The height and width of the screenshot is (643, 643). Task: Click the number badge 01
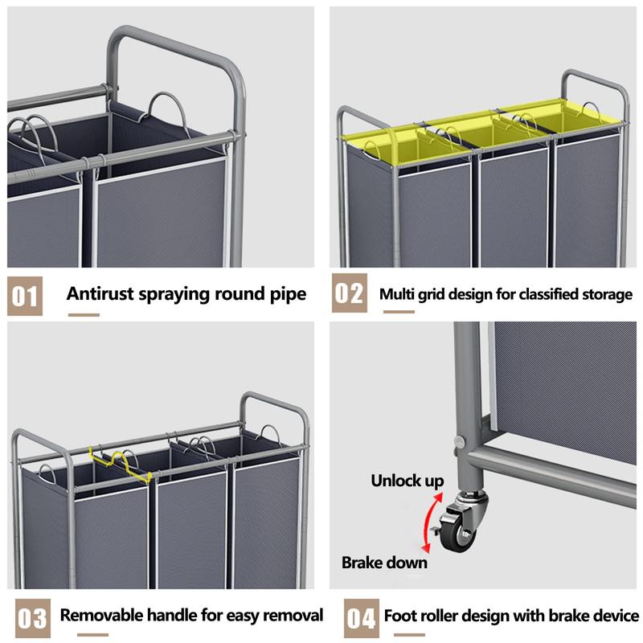[25, 295]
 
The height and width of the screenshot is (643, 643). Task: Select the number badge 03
[31, 618]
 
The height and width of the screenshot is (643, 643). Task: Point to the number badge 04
[360, 618]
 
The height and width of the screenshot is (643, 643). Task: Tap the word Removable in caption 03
[102, 616]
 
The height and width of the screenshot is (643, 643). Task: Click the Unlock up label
[407, 481]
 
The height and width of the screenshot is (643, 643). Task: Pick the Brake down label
[384, 563]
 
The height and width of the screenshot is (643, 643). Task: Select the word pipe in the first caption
[286, 294]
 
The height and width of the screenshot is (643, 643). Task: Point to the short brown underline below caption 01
[84, 314]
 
